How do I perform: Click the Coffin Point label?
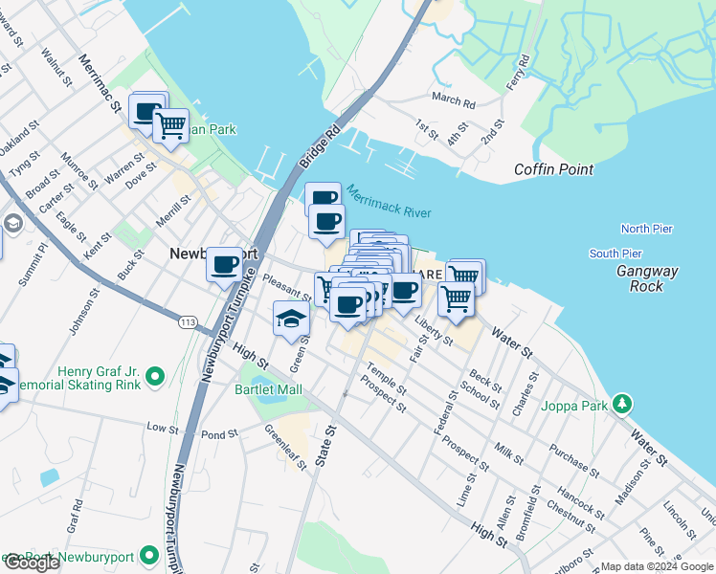click(x=553, y=169)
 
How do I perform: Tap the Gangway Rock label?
click(x=647, y=278)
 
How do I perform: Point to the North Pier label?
click(x=646, y=229)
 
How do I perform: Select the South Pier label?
click(x=615, y=254)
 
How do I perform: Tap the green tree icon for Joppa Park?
click(x=622, y=405)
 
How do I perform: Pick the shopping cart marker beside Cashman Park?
click(x=170, y=123)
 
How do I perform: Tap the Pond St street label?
click(x=219, y=434)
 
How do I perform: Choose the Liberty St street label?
click(x=434, y=334)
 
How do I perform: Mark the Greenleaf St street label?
click(x=284, y=448)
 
